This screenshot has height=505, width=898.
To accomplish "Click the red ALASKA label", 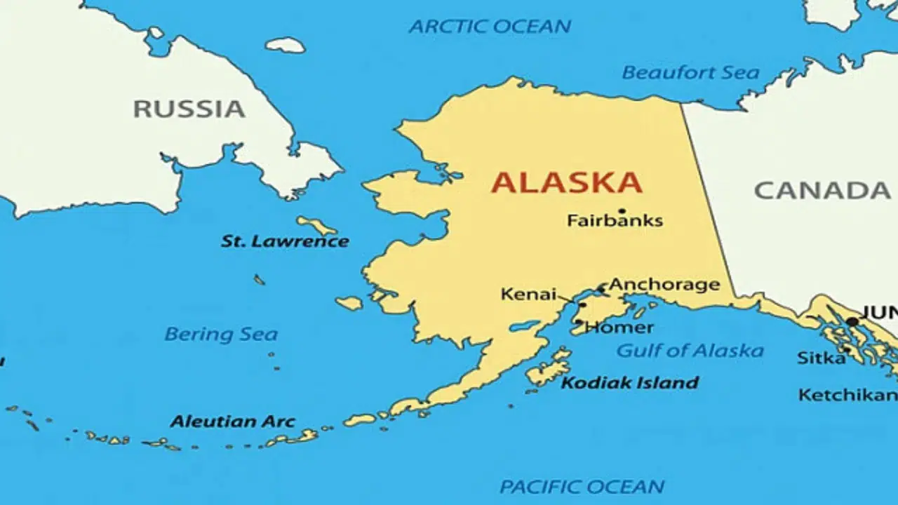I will point(566,182).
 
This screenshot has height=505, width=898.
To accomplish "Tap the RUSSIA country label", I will point(189,109).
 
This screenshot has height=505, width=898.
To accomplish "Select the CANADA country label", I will point(822,190).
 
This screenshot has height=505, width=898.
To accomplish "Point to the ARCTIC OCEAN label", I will point(490,27).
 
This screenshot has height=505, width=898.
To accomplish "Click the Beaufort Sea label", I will point(690,72).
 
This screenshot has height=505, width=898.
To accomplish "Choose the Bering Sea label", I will point(221,335).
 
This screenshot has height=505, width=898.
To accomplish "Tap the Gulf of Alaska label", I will point(690,351).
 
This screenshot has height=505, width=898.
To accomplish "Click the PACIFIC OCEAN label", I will point(582,486).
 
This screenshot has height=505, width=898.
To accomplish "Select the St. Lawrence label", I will point(285,241).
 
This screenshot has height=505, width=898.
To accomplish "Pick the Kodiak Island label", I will point(629,383).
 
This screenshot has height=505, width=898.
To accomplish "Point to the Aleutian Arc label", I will point(232,422).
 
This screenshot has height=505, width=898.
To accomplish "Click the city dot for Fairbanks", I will point(622,210).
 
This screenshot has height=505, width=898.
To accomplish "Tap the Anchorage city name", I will point(664,284).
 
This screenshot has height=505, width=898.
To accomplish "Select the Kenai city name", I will point(528,295).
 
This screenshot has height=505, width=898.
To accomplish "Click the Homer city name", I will point(619,328).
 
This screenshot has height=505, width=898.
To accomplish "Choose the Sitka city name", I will point(821,358).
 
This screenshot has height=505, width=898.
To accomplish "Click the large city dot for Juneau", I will point(852,322).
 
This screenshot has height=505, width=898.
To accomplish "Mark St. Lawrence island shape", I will point(317,225).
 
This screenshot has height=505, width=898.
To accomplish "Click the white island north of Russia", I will point(285,45).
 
